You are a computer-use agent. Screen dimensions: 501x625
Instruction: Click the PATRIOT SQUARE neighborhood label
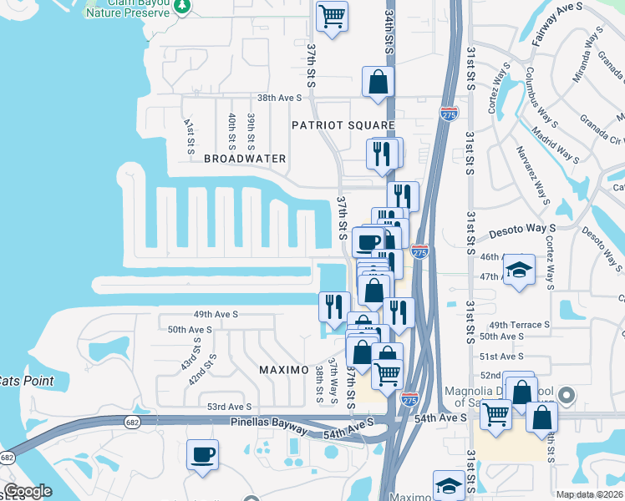pyautogui.click(x=343, y=124)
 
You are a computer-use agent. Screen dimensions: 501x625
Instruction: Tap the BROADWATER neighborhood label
pyautogui.click(x=245, y=159)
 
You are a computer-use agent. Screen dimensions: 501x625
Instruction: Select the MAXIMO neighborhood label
pyautogui.click(x=284, y=369)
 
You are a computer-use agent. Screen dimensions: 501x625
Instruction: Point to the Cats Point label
pyautogui.click(x=26, y=381)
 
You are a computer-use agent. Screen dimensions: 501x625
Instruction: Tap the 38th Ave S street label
pyautogui.click(x=279, y=98)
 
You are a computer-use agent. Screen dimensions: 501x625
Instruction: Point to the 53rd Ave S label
pyautogui.click(x=230, y=407)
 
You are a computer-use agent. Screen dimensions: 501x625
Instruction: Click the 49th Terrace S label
pyautogui.click(x=520, y=324)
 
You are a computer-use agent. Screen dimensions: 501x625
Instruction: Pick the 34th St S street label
pyautogui.click(x=389, y=33)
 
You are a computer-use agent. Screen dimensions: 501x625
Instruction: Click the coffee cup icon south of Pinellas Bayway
pyautogui.click(x=202, y=455)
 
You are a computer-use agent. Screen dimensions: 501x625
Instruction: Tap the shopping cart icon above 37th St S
pyautogui.click(x=333, y=16)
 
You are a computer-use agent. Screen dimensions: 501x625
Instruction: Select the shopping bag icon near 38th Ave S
pyautogui.click(x=378, y=82)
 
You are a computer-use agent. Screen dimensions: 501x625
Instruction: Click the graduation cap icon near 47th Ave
pyautogui.click(x=519, y=270)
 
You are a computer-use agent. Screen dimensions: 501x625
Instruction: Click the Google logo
pyautogui.click(x=28, y=491)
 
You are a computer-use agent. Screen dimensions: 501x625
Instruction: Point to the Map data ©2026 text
pyautogui.click(x=588, y=494)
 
